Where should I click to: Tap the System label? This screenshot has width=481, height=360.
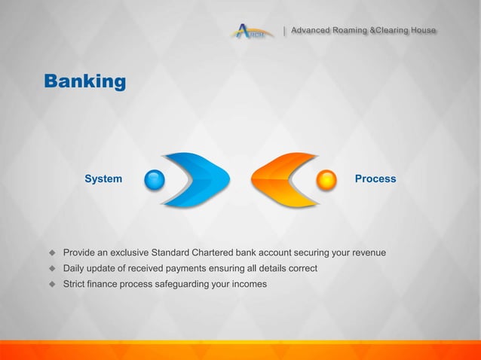pos(103,179)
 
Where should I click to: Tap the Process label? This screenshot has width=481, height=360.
pos(375,179)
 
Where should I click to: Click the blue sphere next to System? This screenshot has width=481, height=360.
pos(155,180)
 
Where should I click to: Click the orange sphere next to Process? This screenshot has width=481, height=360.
pos(326,180)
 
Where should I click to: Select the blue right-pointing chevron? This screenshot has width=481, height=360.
pos(198,179)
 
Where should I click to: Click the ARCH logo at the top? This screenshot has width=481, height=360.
pos(250,32)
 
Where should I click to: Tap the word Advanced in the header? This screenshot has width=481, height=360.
pos(311,31)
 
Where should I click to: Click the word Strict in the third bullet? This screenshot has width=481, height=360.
pos(76,284)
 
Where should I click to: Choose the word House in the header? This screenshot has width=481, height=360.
pos(423,31)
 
